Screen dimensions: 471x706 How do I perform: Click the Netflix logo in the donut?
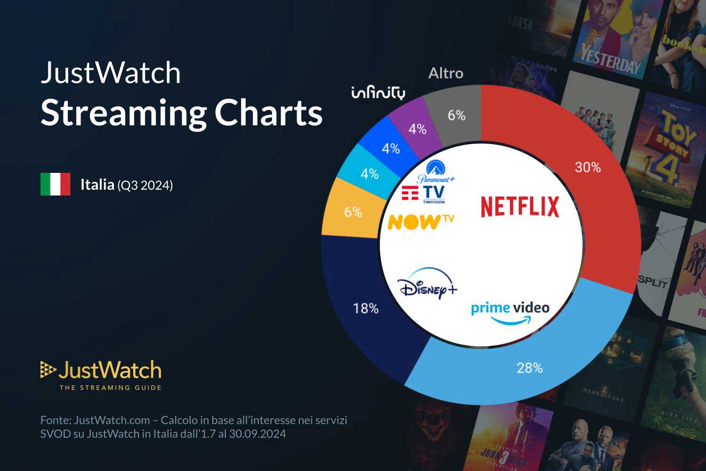[520, 207]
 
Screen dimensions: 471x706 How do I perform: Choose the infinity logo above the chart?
[378, 93]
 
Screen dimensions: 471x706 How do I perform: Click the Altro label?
[446, 73]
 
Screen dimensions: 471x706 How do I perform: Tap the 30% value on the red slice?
[587, 167]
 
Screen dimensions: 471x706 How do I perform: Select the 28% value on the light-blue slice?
[529, 368]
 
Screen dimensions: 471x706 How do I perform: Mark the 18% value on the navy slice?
[366, 309]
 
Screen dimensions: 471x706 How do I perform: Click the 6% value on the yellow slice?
[353, 212]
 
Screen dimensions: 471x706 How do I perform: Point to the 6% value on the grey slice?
[456, 115]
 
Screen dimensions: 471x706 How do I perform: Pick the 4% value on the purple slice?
[417, 129]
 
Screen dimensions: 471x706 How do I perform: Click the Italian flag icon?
[56, 184]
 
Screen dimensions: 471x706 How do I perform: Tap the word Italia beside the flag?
[97, 184]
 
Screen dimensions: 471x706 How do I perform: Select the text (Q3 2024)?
[145, 185]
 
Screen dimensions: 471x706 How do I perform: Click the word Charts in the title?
[269, 113]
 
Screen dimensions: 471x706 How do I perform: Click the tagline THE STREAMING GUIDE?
[110, 388]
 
